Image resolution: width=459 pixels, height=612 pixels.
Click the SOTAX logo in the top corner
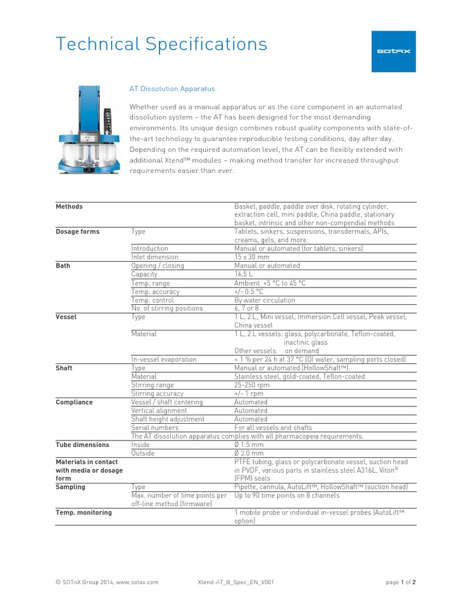point(393,51)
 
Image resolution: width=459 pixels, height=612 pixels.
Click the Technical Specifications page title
point(161,44)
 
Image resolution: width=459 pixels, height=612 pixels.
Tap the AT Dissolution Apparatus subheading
point(172,88)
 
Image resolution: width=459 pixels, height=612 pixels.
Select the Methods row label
point(69,206)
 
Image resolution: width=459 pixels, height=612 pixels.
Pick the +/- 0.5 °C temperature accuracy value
point(249,292)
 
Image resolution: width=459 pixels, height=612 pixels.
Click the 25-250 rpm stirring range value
point(252,385)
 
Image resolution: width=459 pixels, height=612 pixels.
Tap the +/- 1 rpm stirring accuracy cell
point(249,394)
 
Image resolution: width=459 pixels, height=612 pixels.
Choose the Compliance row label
point(74,402)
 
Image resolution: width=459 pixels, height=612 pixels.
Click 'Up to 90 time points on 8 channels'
point(287,495)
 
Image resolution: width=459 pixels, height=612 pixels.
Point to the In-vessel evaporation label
point(164,359)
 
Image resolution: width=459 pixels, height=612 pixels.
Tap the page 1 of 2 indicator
point(400,582)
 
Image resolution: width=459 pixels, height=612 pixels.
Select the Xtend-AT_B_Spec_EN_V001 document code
point(235,582)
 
